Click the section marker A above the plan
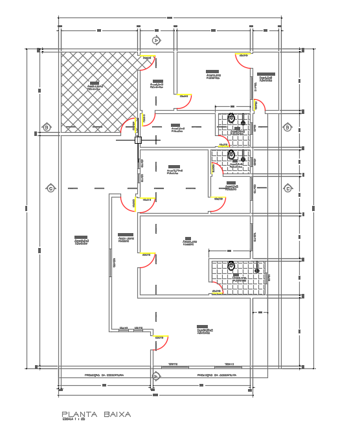(156, 40)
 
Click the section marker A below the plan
(155, 376)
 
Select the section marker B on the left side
(46, 127)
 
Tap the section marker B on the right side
(287, 128)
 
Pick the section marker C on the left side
(50, 188)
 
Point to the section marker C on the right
(287, 188)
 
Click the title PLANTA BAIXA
(96, 414)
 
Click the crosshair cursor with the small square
(138, 139)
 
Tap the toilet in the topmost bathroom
(231, 118)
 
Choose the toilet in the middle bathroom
(231, 155)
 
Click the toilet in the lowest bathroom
(231, 265)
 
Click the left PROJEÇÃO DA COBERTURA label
(106, 375)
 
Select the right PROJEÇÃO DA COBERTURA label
(217, 375)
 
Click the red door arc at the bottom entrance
(161, 341)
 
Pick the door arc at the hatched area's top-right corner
(147, 61)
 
